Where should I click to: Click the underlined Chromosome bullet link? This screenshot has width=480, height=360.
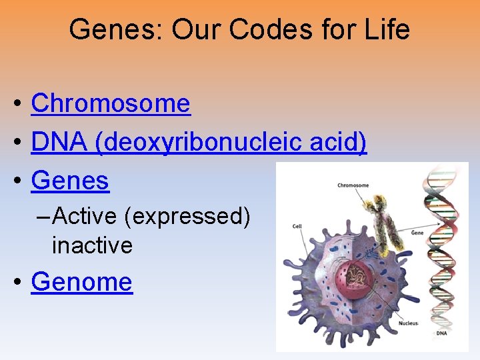coord(111,103)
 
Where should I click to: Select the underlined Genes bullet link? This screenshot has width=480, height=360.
coord(70,181)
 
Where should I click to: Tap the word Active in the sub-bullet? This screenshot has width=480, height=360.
coord(86,216)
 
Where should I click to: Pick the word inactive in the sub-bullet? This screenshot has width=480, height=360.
coord(92,245)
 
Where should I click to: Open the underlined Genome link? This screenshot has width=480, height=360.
coord(82,282)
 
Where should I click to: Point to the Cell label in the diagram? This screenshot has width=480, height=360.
coord(297,227)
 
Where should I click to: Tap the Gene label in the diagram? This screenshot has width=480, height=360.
coord(417,233)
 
